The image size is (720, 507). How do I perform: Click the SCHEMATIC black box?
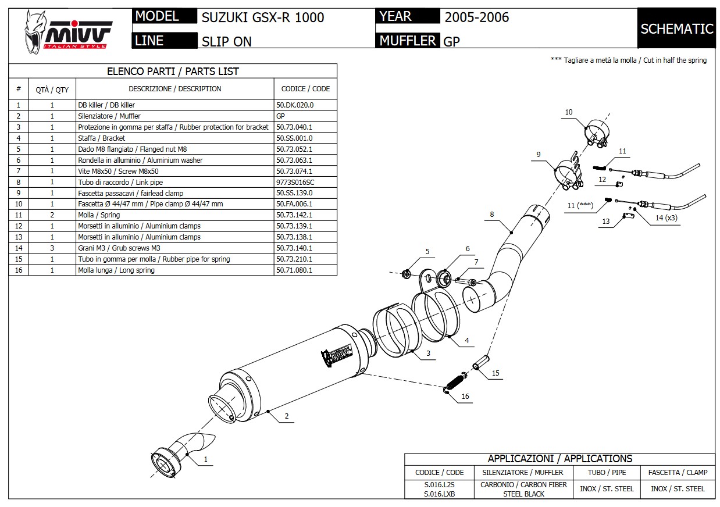tap(676, 28)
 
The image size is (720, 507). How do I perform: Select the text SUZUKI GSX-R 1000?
tap(262, 17)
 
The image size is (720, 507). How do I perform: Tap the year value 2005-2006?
tap(476, 17)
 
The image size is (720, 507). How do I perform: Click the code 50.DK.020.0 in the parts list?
tap(294, 105)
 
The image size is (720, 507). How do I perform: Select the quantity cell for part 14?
tap(52, 248)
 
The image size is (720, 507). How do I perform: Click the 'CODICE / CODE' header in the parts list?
tap(305, 89)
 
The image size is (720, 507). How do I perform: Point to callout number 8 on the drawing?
tap(491, 215)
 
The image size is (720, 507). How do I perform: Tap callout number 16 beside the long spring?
tap(465, 397)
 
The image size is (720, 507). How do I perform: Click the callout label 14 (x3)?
tap(666, 218)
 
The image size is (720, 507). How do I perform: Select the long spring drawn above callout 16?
tap(454, 383)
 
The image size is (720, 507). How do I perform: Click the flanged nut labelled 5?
tap(408, 273)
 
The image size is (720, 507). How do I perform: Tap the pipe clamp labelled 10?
tap(596, 133)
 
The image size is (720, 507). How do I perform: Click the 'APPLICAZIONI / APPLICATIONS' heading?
tap(559, 459)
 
